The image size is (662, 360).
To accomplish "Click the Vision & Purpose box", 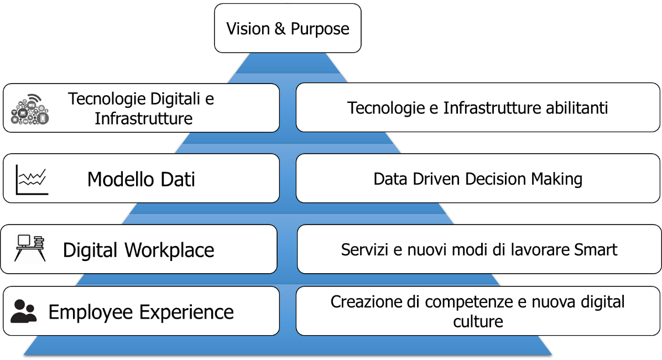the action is coord(288,28).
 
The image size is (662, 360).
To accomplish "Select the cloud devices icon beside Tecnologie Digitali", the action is coord(30,109).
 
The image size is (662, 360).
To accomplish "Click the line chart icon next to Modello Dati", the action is coord(32,180).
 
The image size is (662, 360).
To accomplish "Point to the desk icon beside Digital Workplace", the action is coord(30,248).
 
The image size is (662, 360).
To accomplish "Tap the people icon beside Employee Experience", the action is coord(24,311).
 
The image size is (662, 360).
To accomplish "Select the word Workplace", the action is coord(169,251).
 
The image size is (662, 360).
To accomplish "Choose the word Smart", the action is coord(596,250).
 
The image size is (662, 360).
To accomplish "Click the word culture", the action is coord(478,322).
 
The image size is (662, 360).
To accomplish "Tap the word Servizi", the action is coord(365,250).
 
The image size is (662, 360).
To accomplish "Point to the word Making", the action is coord(556,179).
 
